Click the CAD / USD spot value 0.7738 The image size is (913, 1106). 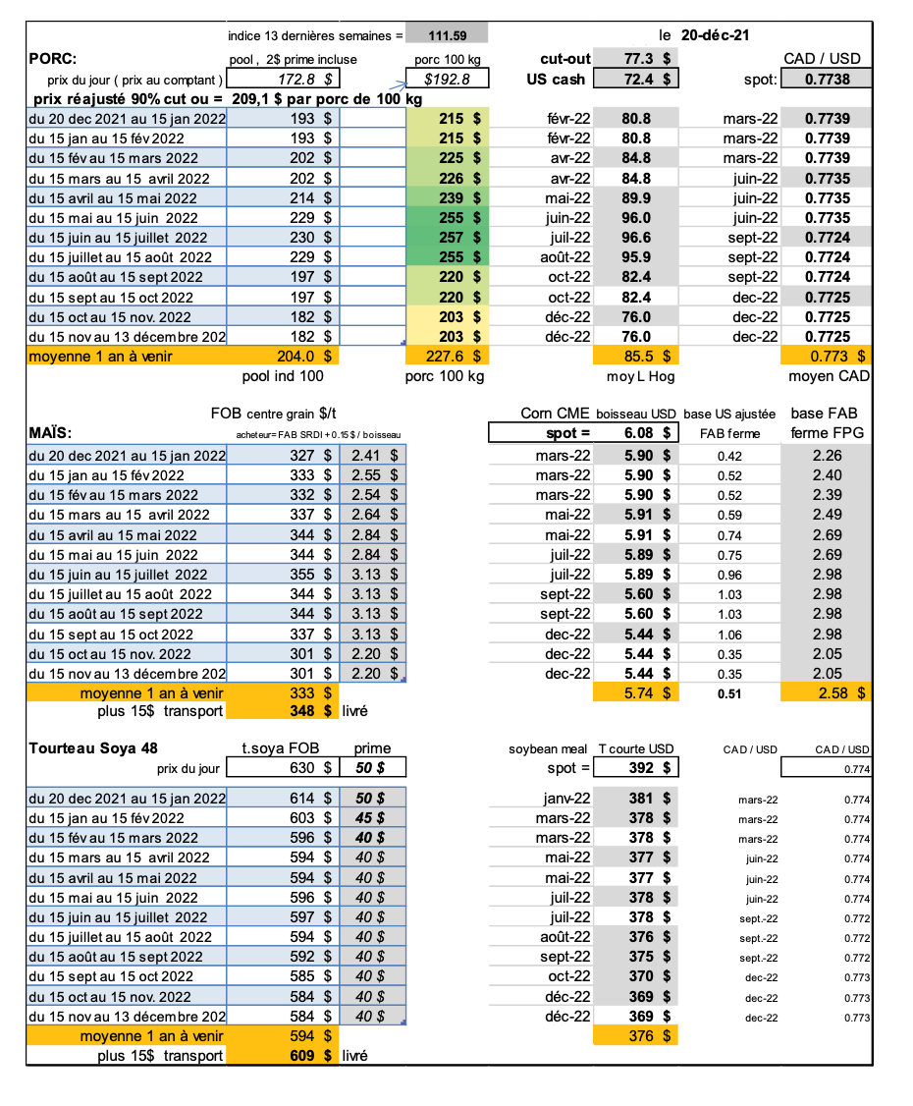tap(827, 79)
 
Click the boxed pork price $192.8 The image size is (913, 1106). tap(448, 79)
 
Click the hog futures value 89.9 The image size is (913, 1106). tap(636, 197)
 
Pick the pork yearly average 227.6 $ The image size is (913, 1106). tap(448, 356)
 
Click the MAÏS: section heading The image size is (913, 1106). tap(54, 432)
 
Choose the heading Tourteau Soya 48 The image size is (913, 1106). tap(94, 748)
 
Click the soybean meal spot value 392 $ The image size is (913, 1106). tap(648, 768)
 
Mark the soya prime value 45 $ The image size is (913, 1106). tap(371, 817)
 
